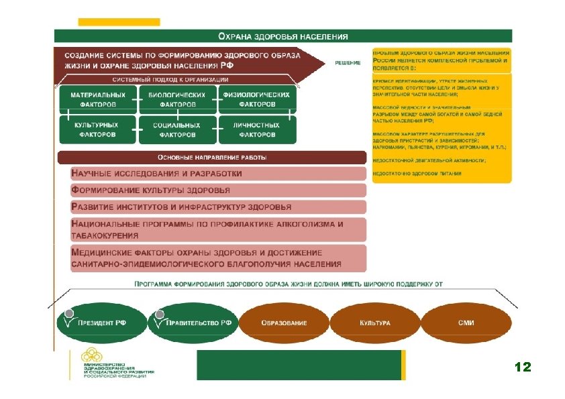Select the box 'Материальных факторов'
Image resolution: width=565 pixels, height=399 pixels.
pyautogui.click(x=97, y=100)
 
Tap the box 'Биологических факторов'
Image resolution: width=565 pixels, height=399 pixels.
pyautogui.click(x=177, y=100)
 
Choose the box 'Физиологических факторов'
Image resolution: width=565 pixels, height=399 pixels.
pyautogui.click(x=257, y=100)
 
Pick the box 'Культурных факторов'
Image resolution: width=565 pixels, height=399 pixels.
pyautogui.click(x=97, y=129)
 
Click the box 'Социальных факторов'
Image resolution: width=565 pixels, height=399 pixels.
pyautogui.click(x=177, y=129)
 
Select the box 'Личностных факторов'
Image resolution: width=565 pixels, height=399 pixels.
pyautogui.click(x=257, y=129)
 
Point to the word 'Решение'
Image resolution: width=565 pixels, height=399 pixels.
pyautogui.click(x=348, y=63)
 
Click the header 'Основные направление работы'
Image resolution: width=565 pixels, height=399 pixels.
pyautogui.click(x=212, y=158)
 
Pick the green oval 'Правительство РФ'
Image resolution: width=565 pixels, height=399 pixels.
pyautogui.click(x=193, y=323)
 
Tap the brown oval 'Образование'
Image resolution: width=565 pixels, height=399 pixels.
pyautogui.click(x=284, y=323)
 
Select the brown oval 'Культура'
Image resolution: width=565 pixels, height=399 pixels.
pyautogui.click(x=374, y=323)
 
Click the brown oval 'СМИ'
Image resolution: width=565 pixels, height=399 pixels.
pyautogui.click(x=466, y=323)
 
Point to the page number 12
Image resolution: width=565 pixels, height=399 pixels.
pyautogui.click(x=522, y=367)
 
